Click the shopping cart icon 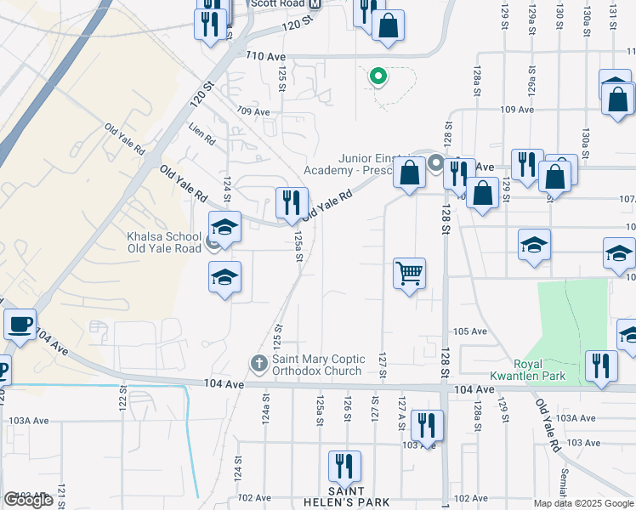[409, 274]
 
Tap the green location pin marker [378, 77]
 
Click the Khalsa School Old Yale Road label [164, 242]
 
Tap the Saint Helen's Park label [346, 497]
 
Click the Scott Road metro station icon [315, 4]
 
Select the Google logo [28, 500]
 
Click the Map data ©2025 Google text [583, 503]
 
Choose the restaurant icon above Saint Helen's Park [345, 466]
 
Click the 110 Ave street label [264, 55]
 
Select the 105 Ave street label [469, 331]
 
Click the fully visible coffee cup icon [20, 323]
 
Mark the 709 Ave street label [253, 111]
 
